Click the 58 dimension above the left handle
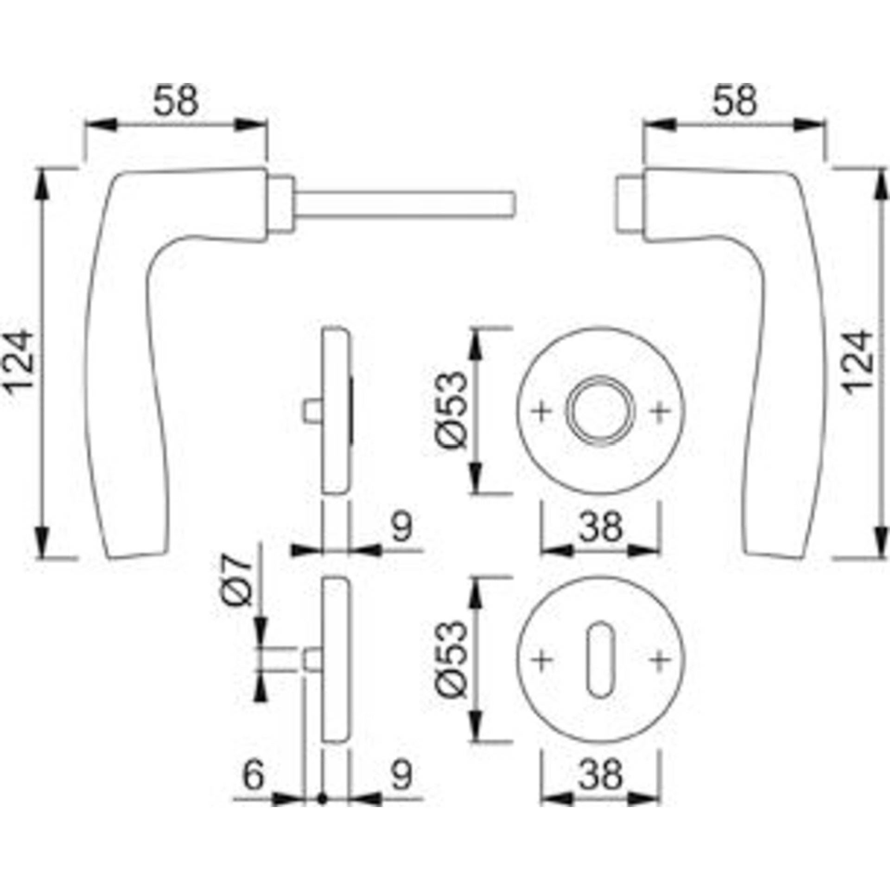point(176,101)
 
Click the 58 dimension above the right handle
point(734,101)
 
